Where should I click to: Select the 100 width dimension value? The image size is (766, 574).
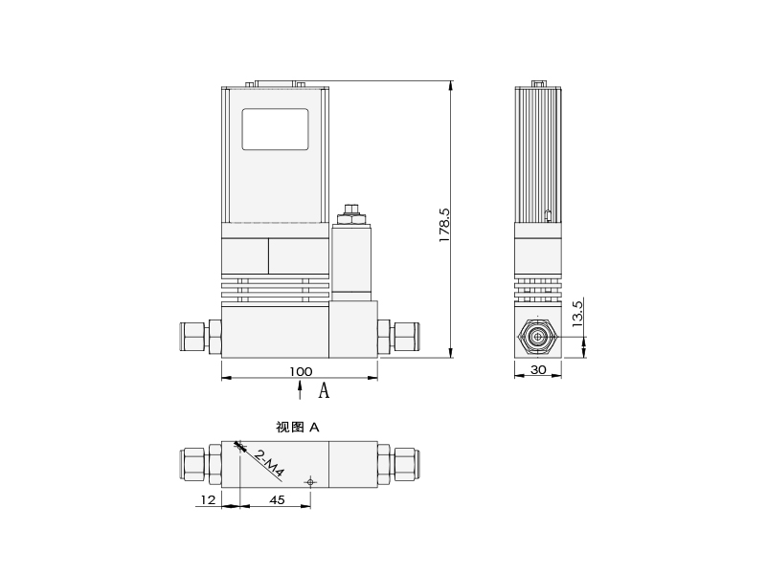pyautogui.click(x=300, y=370)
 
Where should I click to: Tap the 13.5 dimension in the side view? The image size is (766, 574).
pyautogui.click(x=576, y=315)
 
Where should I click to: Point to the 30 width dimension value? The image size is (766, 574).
pyautogui.click(x=538, y=369)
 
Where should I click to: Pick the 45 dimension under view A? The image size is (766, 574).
pyautogui.click(x=276, y=499)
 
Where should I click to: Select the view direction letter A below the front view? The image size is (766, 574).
pyautogui.click(x=324, y=390)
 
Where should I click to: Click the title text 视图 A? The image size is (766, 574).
pyautogui.click(x=297, y=428)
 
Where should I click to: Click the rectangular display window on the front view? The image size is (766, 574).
pyautogui.click(x=275, y=129)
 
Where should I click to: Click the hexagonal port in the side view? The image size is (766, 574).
pyautogui.click(x=537, y=338)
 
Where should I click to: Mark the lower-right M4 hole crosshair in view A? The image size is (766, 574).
pyautogui.click(x=309, y=481)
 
